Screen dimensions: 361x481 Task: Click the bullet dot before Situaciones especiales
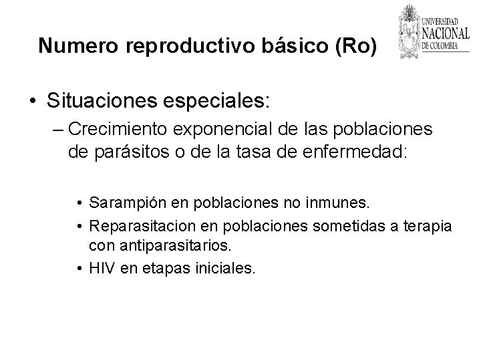33,102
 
